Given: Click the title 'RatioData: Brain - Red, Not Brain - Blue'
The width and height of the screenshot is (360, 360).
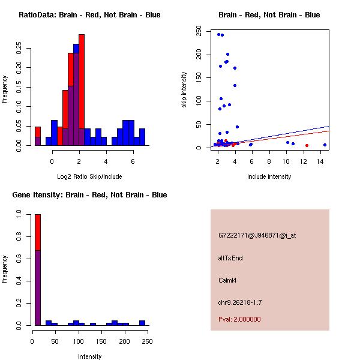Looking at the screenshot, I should coord(89,15).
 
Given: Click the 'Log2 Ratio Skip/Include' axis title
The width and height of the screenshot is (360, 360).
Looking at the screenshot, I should coord(89,176).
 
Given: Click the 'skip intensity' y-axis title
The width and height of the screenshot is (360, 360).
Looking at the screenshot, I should coord(184,90).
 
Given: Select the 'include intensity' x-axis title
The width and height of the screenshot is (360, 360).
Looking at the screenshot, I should coord(269,176).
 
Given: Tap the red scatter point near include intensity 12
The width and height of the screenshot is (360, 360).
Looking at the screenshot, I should coord(307,145).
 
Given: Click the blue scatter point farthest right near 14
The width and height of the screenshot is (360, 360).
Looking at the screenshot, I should coord(325,145).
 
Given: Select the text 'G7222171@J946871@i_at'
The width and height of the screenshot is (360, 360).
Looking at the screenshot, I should coord(257,235).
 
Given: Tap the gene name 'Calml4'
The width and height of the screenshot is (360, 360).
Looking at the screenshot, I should coord(229,280).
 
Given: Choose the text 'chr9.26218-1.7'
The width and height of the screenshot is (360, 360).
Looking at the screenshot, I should coord(240,302).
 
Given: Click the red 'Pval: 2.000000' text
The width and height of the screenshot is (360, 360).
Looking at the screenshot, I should coord(239,319).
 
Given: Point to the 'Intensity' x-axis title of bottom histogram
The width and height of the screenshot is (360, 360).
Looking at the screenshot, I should coord(89,356).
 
